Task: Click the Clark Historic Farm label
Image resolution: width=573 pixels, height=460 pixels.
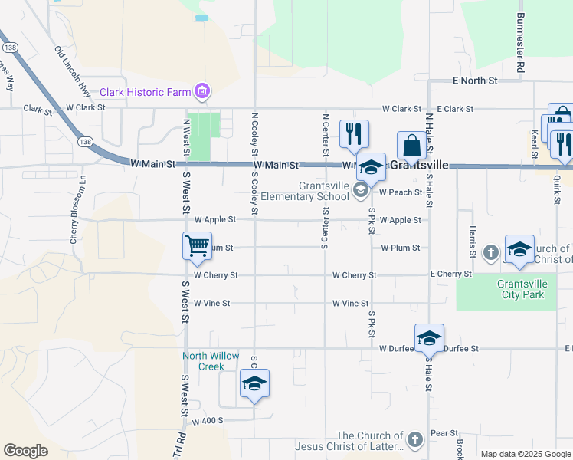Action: (x=145, y=93)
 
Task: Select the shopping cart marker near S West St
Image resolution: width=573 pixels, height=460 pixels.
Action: (x=197, y=246)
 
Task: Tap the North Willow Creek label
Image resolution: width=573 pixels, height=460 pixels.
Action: (x=203, y=360)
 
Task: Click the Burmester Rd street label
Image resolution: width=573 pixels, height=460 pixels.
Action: (x=520, y=43)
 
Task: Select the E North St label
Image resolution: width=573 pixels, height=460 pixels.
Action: (x=475, y=80)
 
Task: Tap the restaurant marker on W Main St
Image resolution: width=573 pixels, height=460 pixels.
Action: (x=354, y=134)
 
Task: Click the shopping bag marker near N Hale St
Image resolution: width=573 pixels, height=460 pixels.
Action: (x=411, y=146)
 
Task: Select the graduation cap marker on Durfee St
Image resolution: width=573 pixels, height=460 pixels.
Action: (x=429, y=338)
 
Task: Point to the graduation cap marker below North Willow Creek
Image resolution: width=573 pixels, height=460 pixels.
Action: (x=254, y=384)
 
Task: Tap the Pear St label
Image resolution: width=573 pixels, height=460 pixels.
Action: (x=444, y=433)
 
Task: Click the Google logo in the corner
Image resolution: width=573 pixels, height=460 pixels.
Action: (x=25, y=451)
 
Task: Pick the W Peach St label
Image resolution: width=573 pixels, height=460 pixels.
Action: (x=401, y=192)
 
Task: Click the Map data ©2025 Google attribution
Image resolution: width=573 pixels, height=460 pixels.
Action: (x=525, y=454)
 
